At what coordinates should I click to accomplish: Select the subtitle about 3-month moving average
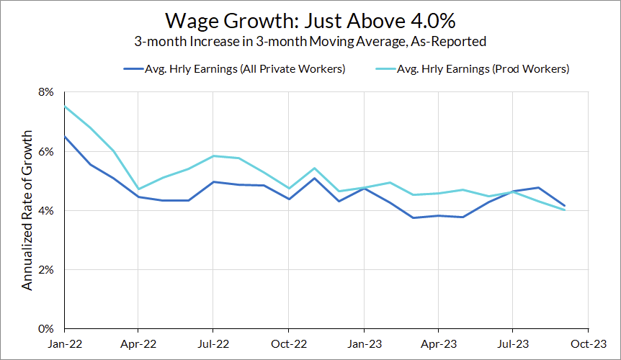310,42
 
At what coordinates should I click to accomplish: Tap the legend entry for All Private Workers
234,69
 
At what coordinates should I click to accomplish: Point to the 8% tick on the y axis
46,93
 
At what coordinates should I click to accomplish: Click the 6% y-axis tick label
46,152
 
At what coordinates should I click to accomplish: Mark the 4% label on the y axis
46,211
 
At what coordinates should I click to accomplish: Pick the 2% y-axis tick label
46,270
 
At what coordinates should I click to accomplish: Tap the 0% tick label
46,329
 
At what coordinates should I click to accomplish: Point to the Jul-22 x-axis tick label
212,343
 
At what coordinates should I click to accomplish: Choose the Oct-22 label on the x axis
287,343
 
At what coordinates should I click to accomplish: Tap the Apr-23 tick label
437,343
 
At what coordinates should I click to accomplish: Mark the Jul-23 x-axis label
512,343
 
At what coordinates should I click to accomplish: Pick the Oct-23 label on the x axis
588,343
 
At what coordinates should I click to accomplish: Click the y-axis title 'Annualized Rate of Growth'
27,210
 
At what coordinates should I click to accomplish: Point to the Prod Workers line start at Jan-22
64,107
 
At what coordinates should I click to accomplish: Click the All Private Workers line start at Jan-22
64,137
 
